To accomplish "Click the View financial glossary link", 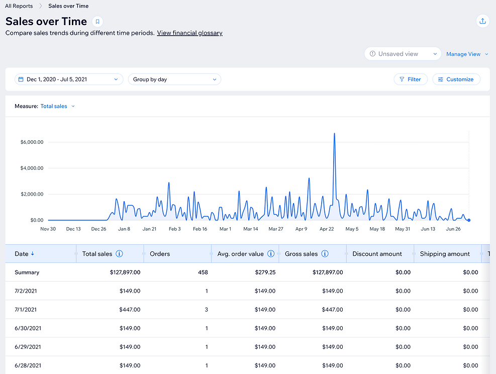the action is tap(189, 33).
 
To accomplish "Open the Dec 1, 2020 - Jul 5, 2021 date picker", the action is tap(69, 79).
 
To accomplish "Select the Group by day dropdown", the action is tap(174, 79).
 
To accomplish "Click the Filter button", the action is tap(411, 79).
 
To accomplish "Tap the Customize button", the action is tap(456, 79).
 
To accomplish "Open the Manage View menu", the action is tap(467, 54).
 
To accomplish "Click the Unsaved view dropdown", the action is tap(403, 54).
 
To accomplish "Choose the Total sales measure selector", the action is tap(57, 106).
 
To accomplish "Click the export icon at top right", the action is tap(483, 21).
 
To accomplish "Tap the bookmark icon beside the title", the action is tap(97, 22).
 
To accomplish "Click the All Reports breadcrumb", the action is tap(19, 6).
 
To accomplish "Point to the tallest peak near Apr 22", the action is tap(334, 134).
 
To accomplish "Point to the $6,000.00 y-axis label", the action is tap(32, 142).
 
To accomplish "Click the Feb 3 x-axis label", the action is tap(174, 229).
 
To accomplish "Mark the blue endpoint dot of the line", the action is tap(469, 220).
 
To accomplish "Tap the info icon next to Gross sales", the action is tap(325, 254).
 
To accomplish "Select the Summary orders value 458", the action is tap(203, 272).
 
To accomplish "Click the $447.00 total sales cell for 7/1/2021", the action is tap(130, 310).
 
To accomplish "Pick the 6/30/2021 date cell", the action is tap(28, 328).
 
